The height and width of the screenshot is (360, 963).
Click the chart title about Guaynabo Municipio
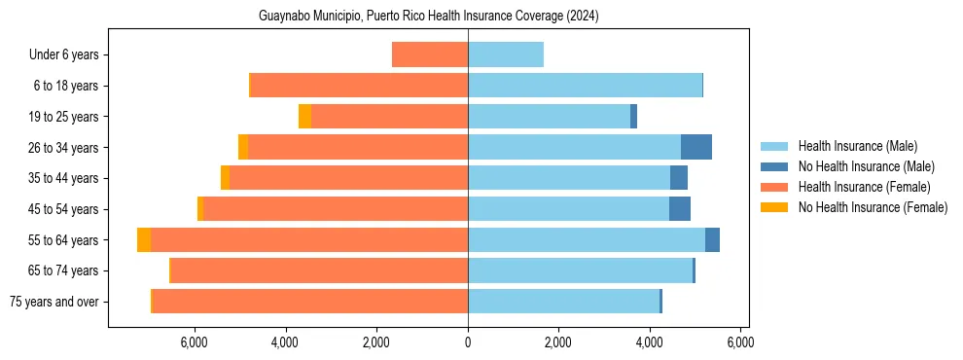[x=428, y=17]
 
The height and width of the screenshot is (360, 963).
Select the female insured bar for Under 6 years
[x=430, y=54]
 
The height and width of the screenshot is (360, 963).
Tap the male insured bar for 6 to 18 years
[x=585, y=86]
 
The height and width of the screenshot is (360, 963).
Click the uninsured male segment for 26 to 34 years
[x=696, y=147]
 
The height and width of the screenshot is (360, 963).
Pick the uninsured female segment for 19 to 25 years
[x=304, y=117]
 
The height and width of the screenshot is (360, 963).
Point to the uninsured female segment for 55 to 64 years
[x=144, y=239]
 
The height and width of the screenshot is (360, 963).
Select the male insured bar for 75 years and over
[x=563, y=302]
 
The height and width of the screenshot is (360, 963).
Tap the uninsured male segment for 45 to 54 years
[x=680, y=209]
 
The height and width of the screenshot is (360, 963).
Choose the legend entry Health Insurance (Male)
[x=857, y=146]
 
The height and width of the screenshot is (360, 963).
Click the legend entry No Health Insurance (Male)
[x=863, y=166]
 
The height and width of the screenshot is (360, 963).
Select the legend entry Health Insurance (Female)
[x=864, y=187]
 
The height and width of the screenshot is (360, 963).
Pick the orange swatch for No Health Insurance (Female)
[x=774, y=207]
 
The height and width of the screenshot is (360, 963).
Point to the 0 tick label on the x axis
[x=468, y=342]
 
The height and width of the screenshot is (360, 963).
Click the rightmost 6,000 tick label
[x=740, y=342]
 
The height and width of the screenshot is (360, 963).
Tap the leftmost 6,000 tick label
[x=195, y=342]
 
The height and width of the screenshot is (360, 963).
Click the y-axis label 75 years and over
[x=53, y=302]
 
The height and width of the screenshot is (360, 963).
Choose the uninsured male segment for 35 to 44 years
[x=679, y=178]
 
